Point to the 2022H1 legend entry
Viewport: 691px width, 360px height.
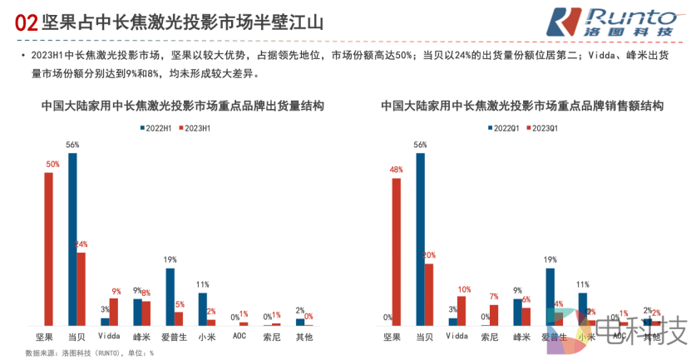click(155, 127)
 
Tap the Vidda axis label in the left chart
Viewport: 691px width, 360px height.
click(109, 337)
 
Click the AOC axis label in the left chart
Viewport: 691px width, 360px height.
click(239, 337)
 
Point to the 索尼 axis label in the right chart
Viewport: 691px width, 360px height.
click(489, 338)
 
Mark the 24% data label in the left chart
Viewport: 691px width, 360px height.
click(81, 244)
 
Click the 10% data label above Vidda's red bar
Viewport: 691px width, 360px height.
click(463, 289)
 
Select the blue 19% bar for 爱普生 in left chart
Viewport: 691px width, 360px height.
click(170, 296)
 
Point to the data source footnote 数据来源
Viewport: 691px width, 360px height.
click(89, 353)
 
